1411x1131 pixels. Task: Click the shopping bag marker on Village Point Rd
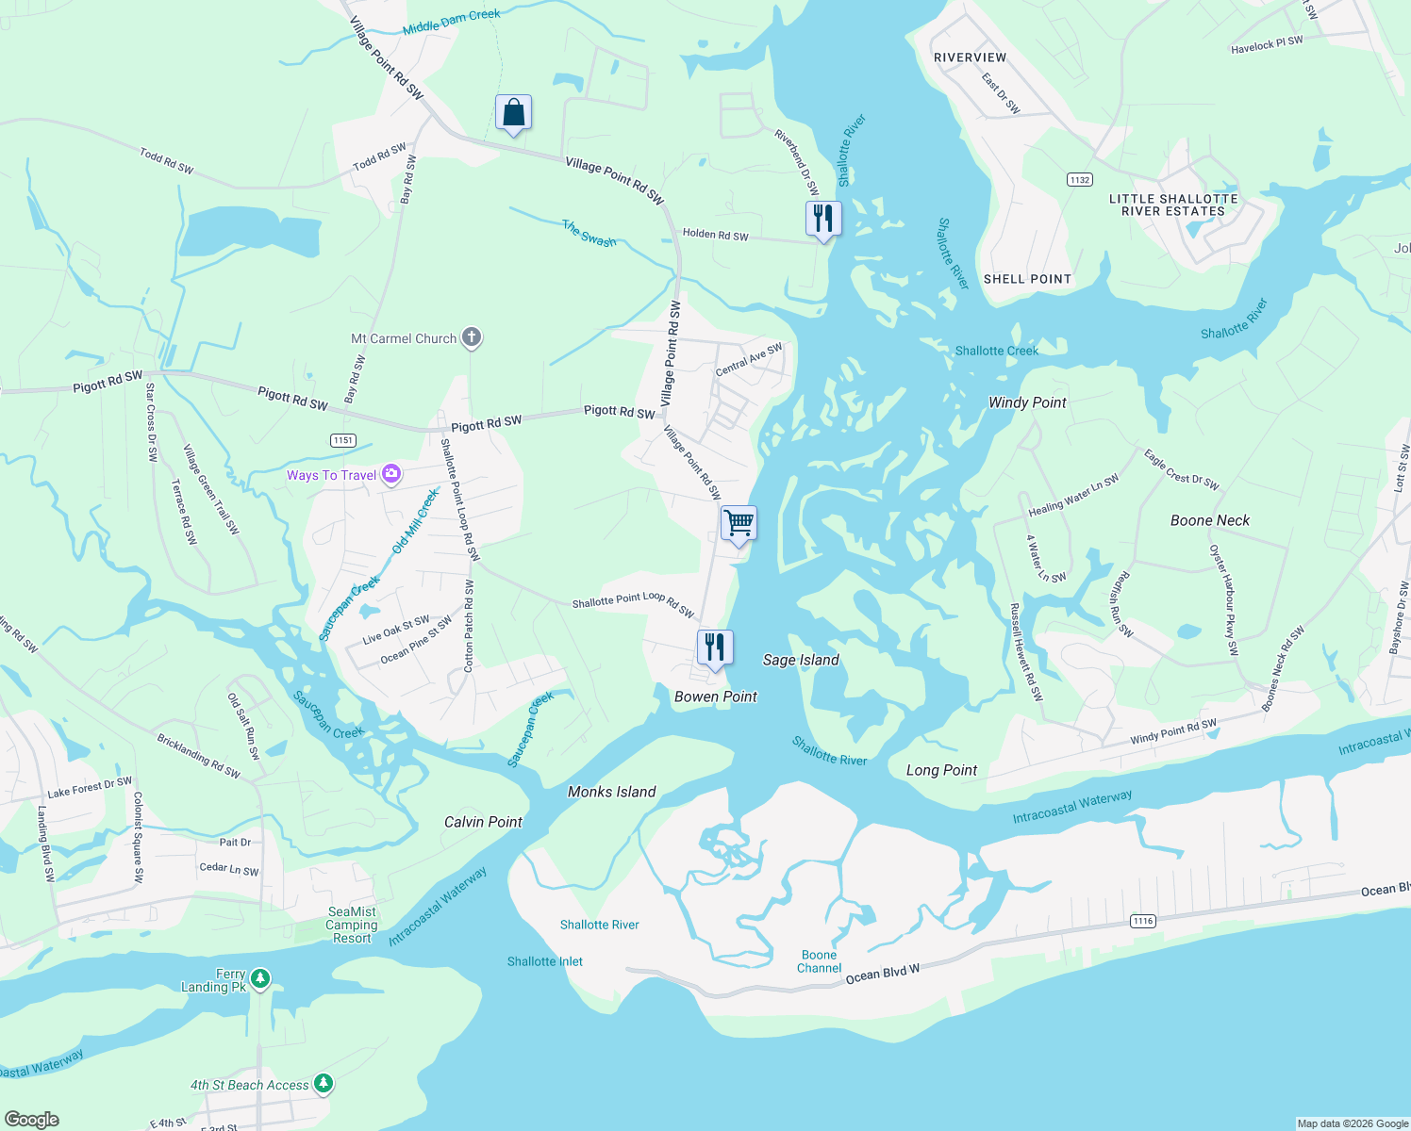[513, 113]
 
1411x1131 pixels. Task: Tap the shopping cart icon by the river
[739, 522]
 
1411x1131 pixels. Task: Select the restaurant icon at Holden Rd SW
[823, 218]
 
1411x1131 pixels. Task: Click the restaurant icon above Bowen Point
[715, 647]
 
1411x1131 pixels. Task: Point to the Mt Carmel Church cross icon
[472, 337]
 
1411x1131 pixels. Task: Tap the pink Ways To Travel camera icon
[391, 475]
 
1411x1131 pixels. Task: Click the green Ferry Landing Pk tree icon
[260, 978]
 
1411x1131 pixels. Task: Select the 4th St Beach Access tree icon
[324, 1084]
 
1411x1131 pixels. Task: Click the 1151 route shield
[343, 440]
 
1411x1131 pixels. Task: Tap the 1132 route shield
[1080, 179]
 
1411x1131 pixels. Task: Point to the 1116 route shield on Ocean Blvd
[1143, 921]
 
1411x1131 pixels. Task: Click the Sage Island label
[801, 660]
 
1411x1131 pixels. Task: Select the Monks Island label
[611, 792]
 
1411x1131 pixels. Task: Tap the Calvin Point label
[483, 822]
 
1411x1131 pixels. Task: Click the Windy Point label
[1027, 402]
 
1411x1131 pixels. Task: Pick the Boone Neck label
[1210, 520]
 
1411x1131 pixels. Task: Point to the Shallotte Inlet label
[545, 961]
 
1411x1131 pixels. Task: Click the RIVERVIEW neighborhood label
[970, 57]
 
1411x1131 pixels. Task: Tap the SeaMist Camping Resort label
[352, 925]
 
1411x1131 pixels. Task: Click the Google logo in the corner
[32, 1119]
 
